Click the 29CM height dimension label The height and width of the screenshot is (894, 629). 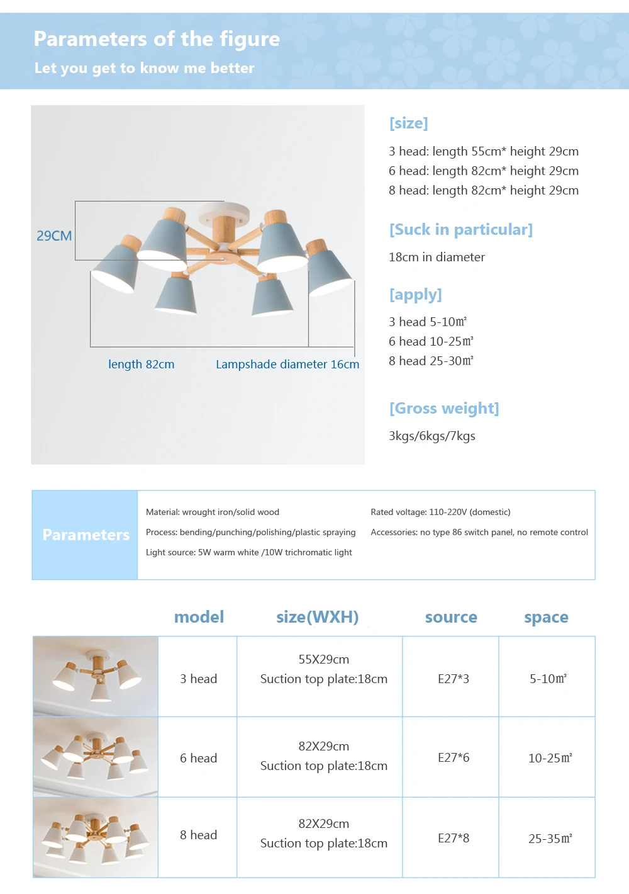54,236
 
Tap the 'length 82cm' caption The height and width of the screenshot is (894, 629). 141,365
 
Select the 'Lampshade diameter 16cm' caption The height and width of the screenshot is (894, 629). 287,365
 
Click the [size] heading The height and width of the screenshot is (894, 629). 408,123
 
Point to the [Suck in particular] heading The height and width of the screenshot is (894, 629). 460,230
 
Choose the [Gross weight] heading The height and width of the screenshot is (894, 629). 444,409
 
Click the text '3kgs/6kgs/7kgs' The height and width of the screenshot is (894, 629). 431,436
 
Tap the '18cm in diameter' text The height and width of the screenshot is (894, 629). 437,257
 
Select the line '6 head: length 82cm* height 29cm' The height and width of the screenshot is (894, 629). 483,171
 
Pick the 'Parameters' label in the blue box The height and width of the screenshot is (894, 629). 86,535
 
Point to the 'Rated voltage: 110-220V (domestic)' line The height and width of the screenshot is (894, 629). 440,512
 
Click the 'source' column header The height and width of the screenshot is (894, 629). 451,618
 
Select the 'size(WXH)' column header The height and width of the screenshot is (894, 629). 317,618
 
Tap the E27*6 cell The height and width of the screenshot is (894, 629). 453,758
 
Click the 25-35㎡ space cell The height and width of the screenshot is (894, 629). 550,839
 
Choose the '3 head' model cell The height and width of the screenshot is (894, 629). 198,679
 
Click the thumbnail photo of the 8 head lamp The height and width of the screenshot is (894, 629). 96,838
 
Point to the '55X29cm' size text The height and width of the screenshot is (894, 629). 323,660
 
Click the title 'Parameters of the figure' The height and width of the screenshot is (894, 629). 157,39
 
